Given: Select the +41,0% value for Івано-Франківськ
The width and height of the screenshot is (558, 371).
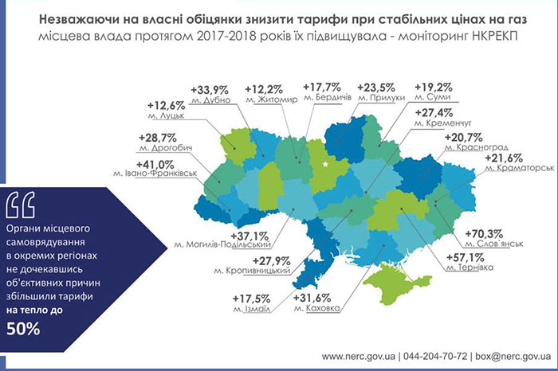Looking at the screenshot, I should coord(143,159).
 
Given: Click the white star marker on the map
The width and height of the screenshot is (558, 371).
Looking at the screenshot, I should coord(328,166).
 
